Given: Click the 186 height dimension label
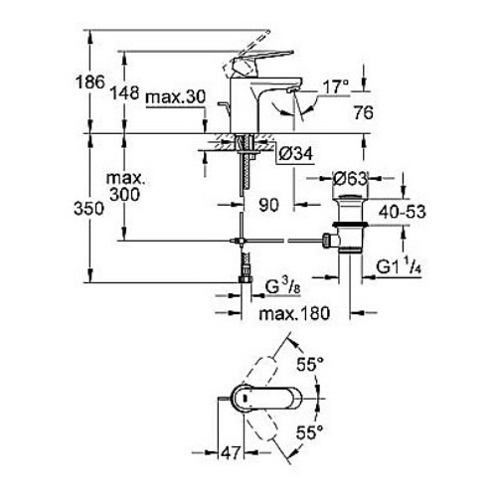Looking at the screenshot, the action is click(x=90, y=82).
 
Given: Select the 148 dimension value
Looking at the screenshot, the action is click(x=124, y=92).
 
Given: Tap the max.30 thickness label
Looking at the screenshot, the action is click(x=176, y=97).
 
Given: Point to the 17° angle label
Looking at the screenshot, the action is click(x=336, y=87).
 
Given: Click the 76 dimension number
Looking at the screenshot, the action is click(x=363, y=112).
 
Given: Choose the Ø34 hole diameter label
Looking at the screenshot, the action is click(x=295, y=154).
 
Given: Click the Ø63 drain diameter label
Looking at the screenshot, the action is click(x=350, y=179).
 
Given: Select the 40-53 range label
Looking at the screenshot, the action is click(x=402, y=212).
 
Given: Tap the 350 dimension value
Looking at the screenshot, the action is click(x=88, y=209).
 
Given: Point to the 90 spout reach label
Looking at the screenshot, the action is click(x=268, y=205).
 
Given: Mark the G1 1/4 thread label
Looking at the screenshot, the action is click(x=399, y=266).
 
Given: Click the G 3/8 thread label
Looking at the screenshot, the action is click(x=282, y=287).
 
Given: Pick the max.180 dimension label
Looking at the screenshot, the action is click(x=294, y=313).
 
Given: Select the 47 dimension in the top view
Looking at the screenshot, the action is click(x=231, y=452).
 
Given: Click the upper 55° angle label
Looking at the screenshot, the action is click(x=310, y=365).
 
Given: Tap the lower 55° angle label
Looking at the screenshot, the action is click(x=309, y=432).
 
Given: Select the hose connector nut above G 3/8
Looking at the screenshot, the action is click(x=246, y=279).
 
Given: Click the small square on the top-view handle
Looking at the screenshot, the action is click(x=245, y=398).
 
